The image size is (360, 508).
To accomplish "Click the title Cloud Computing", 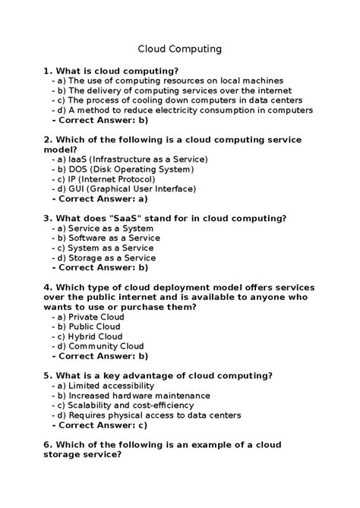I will pyautogui.click(x=179, y=49).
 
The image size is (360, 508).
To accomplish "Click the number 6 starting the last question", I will pyautogui.click(x=47, y=445).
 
